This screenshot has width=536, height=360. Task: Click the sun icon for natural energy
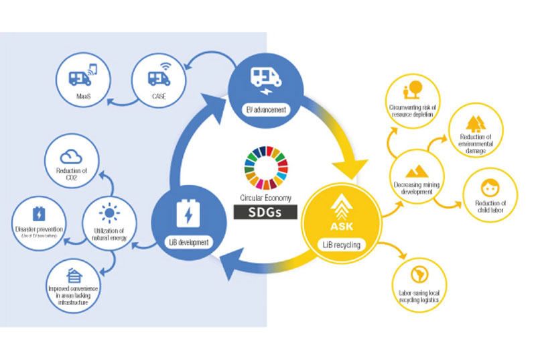coord(109,213)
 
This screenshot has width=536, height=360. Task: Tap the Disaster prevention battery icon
coord(38,215)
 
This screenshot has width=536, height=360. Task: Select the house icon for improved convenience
coord(72,274)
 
